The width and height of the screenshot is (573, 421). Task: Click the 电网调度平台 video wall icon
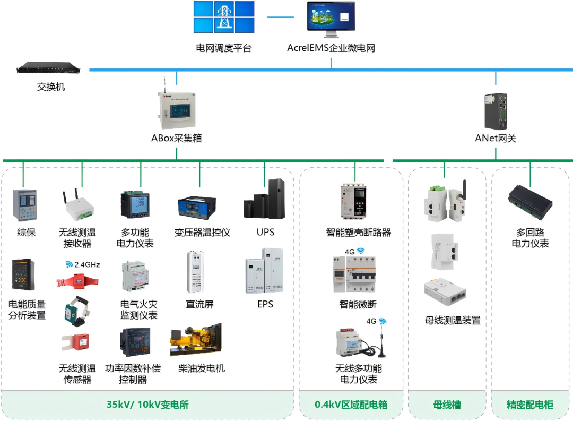(223, 18)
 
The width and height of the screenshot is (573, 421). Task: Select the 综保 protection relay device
(23, 204)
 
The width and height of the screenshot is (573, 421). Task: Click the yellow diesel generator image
(195, 340)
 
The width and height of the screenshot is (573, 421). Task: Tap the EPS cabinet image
(264, 270)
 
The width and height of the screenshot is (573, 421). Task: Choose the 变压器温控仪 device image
(199, 206)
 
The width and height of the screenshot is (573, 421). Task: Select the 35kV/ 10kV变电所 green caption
(147, 405)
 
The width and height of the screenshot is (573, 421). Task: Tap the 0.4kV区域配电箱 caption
(351, 405)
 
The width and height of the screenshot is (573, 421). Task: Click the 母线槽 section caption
(447, 405)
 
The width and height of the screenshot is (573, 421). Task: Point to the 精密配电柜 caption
(530, 405)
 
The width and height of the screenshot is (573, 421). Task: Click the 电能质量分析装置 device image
(23, 274)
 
